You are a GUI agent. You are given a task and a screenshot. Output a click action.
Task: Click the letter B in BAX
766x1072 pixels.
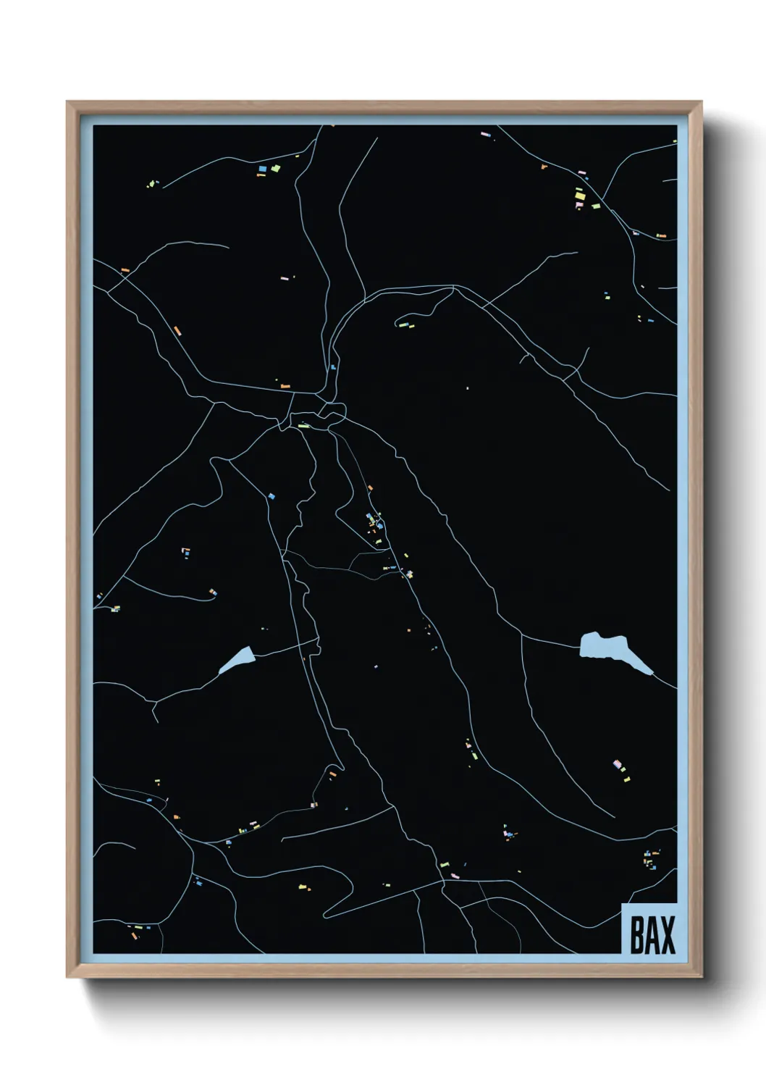click(x=637, y=935)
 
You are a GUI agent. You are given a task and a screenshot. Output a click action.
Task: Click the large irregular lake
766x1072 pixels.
click(x=605, y=647)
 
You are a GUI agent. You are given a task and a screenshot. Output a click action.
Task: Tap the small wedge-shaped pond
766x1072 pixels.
click(x=237, y=661)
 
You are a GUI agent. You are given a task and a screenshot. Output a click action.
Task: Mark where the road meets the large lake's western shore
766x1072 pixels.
click(x=580, y=648)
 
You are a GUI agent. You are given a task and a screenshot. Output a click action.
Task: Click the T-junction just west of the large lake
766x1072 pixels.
click(x=522, y=637)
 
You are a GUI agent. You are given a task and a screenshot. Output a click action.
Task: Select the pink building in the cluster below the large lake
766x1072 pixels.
click(x=617, y=763)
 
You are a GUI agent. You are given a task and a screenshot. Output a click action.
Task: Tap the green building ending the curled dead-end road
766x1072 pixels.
click(x=402, y=325)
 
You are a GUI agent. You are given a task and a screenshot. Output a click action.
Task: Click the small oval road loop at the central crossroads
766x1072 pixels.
click(x=333, y=413)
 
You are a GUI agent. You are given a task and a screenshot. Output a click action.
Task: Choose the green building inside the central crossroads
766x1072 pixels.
click(x=303, y=426)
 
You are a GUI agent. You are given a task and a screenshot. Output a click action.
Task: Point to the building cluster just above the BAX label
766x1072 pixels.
click(x=650, y=860)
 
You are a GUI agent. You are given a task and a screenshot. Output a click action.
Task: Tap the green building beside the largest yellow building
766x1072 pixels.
click(x=596, y=206)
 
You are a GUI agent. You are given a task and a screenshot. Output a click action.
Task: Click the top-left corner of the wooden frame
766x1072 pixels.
click(x=67, y=102)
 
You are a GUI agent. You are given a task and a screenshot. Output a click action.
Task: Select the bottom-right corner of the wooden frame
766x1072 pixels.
click(x=702, y=977)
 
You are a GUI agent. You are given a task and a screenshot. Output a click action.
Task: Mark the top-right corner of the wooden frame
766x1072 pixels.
click(x=702, y=102)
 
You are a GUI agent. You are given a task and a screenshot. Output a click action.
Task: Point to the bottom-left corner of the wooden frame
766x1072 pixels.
click(x=67, y=977)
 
